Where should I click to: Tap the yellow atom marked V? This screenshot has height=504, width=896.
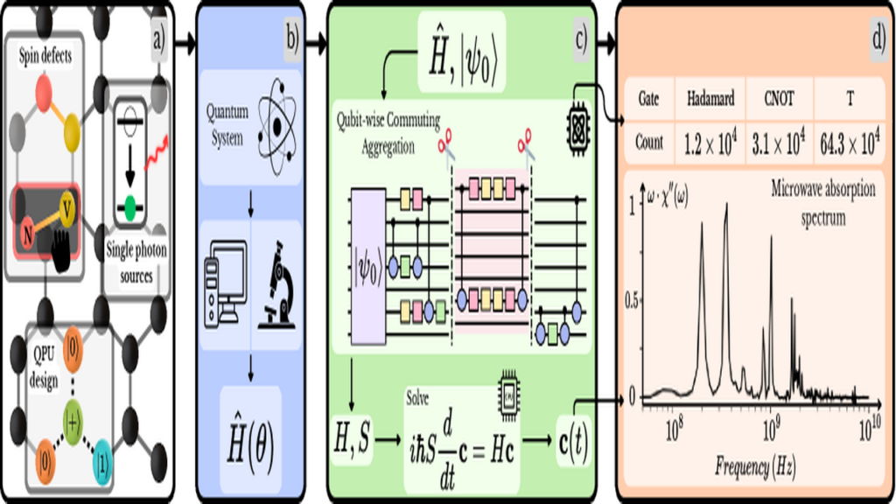(66, 210)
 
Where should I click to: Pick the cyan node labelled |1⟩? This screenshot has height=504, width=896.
(102, 462)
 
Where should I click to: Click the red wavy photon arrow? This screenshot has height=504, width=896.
(156, 152)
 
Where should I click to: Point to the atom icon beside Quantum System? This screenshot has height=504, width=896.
(277, 128)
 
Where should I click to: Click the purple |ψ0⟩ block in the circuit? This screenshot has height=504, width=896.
(368, 267)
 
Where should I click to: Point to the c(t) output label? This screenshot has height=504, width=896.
(572, 441)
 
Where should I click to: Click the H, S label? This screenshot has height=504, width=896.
(351, 439)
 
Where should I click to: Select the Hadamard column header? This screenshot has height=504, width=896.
(710, 100)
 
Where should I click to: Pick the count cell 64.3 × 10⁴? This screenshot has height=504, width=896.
(849, 143)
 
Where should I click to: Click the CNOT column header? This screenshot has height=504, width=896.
(778, 99)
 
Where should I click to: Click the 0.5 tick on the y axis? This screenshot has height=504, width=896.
(631, 302)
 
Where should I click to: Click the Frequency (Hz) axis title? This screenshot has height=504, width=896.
(754, 467)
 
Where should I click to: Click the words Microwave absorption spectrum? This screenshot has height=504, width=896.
(822, 203)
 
